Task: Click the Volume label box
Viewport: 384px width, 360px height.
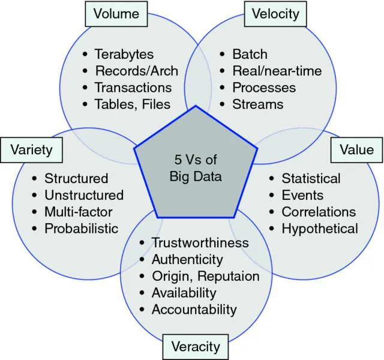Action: pos(116,13)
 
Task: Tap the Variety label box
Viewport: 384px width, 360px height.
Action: pos(32,149)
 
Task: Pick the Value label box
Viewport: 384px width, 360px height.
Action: pos(356,150)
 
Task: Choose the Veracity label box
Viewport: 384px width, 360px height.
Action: pos(196,347)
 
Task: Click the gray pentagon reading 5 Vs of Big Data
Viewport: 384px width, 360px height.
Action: pos(195,170)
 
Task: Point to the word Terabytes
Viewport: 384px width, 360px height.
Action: pos(125,55)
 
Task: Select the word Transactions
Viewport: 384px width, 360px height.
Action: pos(133,88)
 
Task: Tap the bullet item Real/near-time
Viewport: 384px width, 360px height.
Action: pos(277,71)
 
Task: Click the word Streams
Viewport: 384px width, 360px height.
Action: pos(258,104)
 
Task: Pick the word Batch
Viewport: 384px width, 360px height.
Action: pos(250,55)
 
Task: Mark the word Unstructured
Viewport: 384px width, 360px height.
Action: pos(84,195)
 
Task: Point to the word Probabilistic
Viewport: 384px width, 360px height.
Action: pos(82,229)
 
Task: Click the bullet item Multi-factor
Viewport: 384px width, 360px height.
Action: pos(78,212)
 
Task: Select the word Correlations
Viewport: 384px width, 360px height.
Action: pos(319,212)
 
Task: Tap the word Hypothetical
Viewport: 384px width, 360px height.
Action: pos(320,229)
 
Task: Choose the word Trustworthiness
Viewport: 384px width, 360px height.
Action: pos(200,243)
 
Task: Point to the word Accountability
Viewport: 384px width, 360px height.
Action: pos(194,310)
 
